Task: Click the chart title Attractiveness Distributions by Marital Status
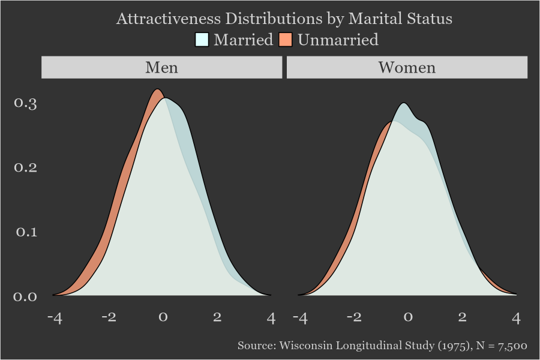(284, 19)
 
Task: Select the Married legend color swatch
(202, 40)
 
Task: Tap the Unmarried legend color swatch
(286, 40)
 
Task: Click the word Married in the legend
(243, 40)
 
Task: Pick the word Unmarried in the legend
(338, 40)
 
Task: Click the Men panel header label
(161, 67)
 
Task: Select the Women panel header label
(407, 67)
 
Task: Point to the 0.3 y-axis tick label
(26, 103)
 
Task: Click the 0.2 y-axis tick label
(26, 167)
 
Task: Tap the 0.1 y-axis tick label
(26, 232)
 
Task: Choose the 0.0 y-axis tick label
(26, 296)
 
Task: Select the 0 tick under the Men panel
(163, 317)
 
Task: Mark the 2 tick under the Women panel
(462, 317)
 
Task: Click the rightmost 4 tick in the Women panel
(516, 317)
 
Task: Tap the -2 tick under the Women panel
(353, 317)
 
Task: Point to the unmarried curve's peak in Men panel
(157, 89)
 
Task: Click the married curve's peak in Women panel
(405, 103)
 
